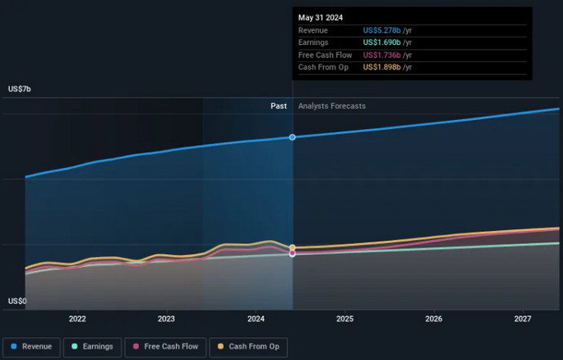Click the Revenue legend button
31,347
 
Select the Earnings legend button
91,347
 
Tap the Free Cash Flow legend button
165,347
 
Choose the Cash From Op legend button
248,347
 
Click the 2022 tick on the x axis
78,319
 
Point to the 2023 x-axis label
166,319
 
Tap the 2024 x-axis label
256,319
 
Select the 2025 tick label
344,319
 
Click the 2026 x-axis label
434,319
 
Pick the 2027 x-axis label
523,319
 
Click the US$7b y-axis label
20,88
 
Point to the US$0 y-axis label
17,301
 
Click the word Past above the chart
279,106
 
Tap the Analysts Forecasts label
332,106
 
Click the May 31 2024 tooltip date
320,17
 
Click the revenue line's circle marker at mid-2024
292,137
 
